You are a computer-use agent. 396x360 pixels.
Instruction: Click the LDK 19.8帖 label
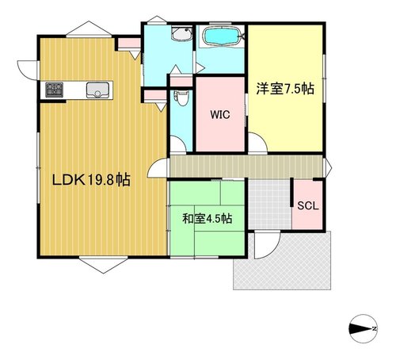coord(91,180)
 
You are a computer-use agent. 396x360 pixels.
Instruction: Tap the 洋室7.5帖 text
coord(285,89)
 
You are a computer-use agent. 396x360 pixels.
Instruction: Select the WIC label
coord(220,114)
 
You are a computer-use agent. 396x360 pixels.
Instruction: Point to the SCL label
coord(308,205)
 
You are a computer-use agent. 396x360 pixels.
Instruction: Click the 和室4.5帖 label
coord(208,219)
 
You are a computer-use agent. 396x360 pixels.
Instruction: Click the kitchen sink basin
coord(97,90)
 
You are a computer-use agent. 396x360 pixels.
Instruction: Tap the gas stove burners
coord(54,90)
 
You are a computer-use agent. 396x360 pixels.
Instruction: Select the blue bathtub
coord(222,36)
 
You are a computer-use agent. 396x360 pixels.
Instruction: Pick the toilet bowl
coord(181,98)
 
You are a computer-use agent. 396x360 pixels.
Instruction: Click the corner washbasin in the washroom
coord(181,33)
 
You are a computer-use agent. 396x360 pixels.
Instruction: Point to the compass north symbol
coord(364,328)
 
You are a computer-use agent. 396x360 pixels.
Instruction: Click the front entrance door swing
coord(267,244)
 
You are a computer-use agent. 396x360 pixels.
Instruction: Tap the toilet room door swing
coord(178,144)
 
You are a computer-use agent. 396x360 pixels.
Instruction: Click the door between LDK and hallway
coord(158,168)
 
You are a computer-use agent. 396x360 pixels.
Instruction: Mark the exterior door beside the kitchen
coord(29,70)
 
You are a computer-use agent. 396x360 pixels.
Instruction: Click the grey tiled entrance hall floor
coord(270,205)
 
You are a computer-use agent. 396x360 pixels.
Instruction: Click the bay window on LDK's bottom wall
coord(104,264)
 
